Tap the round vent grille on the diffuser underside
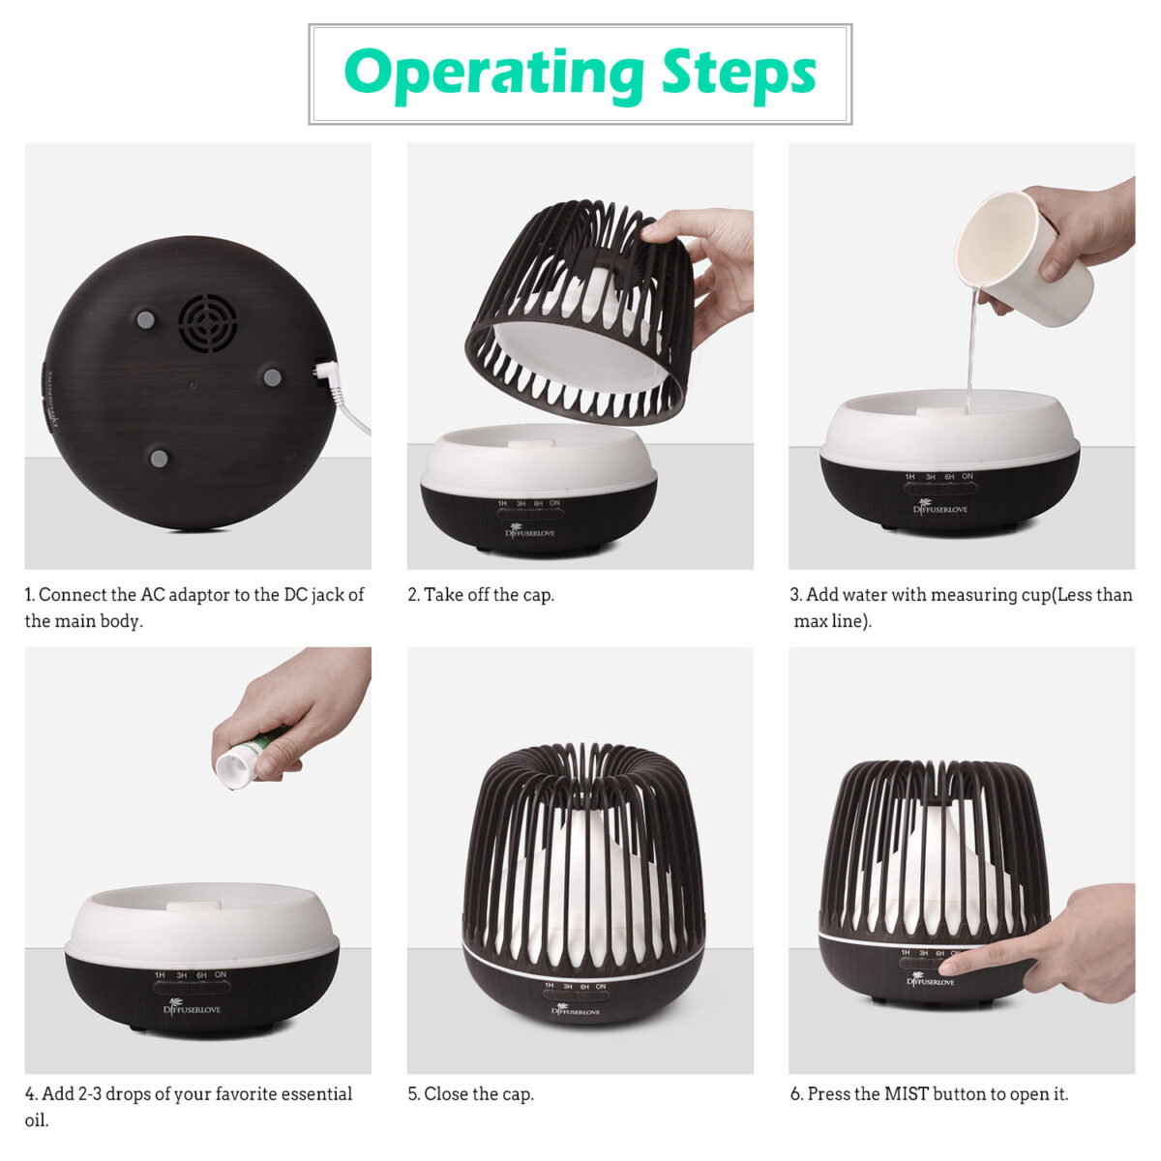click(208, 323)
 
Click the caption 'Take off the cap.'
click(481, 595)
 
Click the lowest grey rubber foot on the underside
click(159, 458)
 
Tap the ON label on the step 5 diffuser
click(601, 986)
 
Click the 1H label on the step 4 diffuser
click(160, 975)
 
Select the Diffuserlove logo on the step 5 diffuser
click(576, 1010)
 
